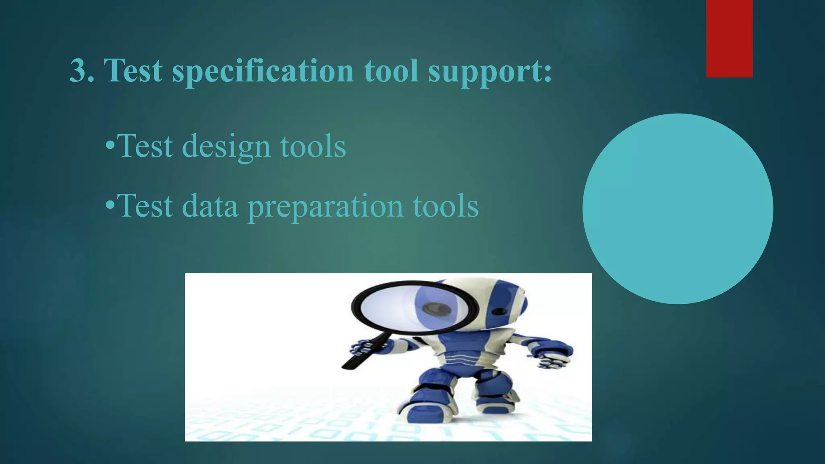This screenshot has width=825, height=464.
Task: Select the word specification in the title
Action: click(263, 71)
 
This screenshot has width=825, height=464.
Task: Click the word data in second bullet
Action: click(210, 206)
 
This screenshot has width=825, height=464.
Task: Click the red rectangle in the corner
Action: click(729, 38)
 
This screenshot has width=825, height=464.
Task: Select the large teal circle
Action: click(678, 209)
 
